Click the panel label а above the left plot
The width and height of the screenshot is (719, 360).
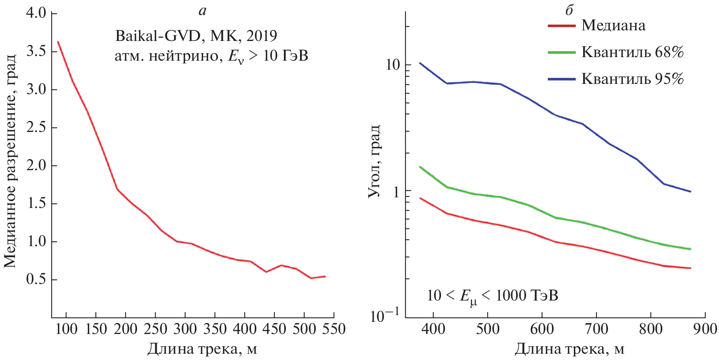tap(202, 11)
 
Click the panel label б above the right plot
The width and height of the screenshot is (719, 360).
tap(569, 11)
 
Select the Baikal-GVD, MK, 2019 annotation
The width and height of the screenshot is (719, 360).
tap(196, 36)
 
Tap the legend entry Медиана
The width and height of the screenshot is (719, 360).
tap(613, 26)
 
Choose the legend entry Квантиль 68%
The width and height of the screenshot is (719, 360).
tap(632, 52)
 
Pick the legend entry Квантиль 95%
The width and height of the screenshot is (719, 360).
tap(632, 79)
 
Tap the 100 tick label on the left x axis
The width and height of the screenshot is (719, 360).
tap(66, 329)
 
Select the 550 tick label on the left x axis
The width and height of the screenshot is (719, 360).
tap(334, 329)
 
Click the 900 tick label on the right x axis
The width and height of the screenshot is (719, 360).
tap(705, 329)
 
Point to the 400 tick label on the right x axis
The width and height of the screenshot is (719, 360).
tap(433, 329)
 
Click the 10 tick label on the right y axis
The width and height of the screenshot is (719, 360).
tap(392, 65)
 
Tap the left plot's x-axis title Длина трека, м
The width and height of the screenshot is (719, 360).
tap(202, 349)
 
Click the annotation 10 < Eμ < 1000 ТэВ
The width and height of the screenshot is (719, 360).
tap(492, 296)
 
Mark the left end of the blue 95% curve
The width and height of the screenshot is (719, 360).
tap(420, 63)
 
